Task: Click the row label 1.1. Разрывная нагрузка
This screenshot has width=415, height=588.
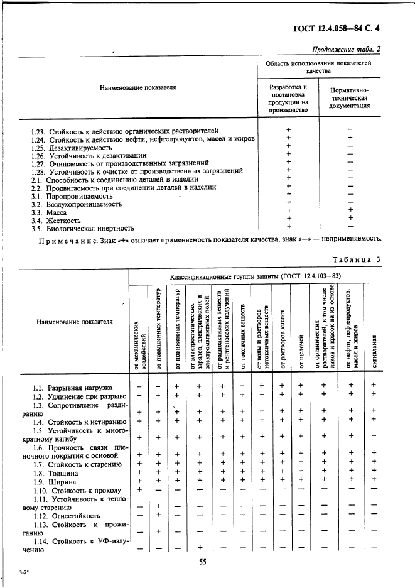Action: (x=72, y=388)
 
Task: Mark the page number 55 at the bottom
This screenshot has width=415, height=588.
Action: (x=203, y=562)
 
